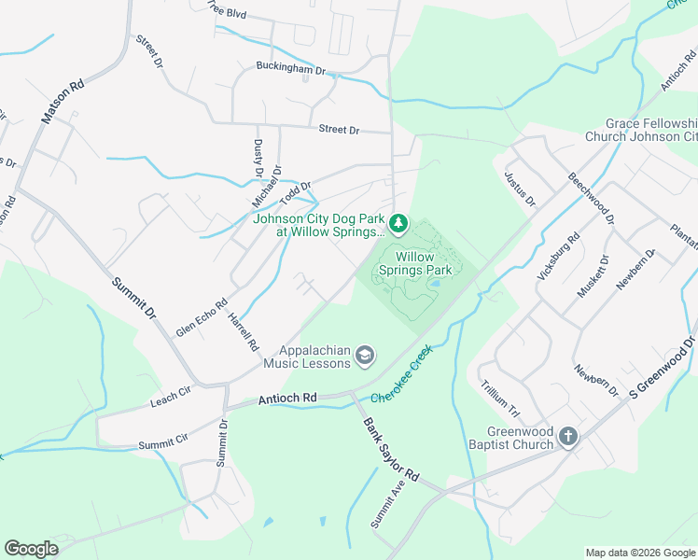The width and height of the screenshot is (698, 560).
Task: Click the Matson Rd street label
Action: pyautogui.click(x=63, y=102)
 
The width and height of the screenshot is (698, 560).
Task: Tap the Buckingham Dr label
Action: pyautogui.click(x=291, y=69)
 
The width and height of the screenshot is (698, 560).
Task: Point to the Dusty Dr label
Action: pyautogui.click(x=258, y=159)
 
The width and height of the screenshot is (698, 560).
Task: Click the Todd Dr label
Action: pyautogui.click(x=294, y=192)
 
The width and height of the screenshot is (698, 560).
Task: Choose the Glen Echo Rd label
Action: pyautogui.click(x=202, y=318)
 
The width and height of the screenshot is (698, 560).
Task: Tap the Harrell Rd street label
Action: pyautogui.click(x=244, y=331)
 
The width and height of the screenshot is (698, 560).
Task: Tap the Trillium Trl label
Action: pyautogui.click(x=499, y=398)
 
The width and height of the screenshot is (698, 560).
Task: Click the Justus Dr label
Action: pyautogui.click(x=521, y=188)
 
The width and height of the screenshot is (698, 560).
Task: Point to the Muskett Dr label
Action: pyautogui.click(x=592, y=276)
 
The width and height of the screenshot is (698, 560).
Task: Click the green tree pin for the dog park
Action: pyautogui.click(x=398, y=222)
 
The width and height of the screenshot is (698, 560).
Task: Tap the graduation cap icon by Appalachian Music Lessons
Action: pyautogui.click(x=366, y=355)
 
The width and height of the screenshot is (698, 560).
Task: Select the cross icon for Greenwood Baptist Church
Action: pyautogui.click(x=567, y=437)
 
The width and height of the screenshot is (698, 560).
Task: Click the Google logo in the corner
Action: pyautogui.click(x=31, y=549)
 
